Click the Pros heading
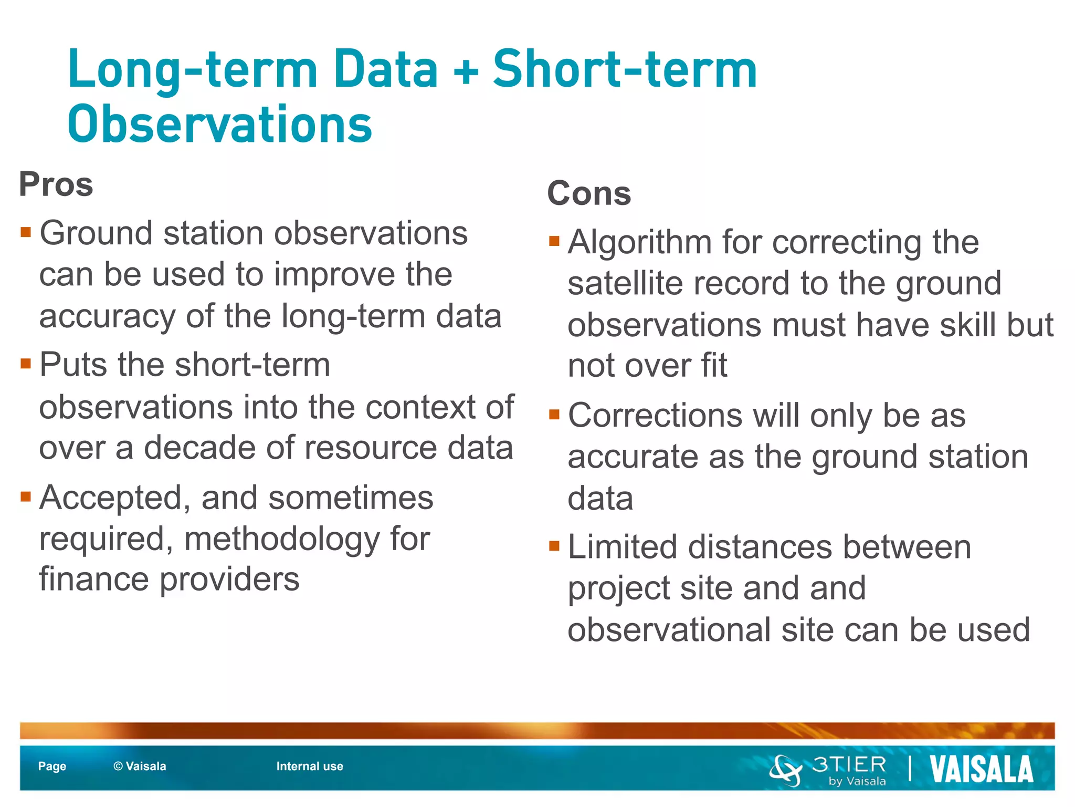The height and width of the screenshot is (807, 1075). click(x=56, y=185)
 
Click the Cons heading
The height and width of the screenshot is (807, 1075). click(x=589, y=193)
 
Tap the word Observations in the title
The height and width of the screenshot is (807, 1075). click(x=220, y=125)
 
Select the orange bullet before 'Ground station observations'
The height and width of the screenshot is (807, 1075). click(x=26, y=232)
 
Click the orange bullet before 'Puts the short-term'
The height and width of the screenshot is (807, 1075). click(x=26, y=364)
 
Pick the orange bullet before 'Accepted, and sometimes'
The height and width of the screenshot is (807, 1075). click(x=26, y=496)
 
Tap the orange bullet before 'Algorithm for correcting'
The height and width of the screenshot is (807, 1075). click(x=554, y=241)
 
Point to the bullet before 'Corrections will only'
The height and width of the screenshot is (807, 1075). click(x=554, y=415)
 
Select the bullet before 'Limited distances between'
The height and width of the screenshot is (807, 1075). click(x=554, y=546)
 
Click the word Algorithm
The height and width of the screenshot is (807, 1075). click(x=639, y=243)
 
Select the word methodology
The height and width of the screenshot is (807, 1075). click(x=281, y=540)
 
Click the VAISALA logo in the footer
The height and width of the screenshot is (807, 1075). click(x=981, y=769)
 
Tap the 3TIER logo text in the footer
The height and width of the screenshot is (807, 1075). click(x=849, y=764)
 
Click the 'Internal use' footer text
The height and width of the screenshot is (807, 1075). click(x=310, y=767)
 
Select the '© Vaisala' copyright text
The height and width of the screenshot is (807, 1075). click(x=140, y=767)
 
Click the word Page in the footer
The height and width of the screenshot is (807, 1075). click(x=52, y=767)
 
